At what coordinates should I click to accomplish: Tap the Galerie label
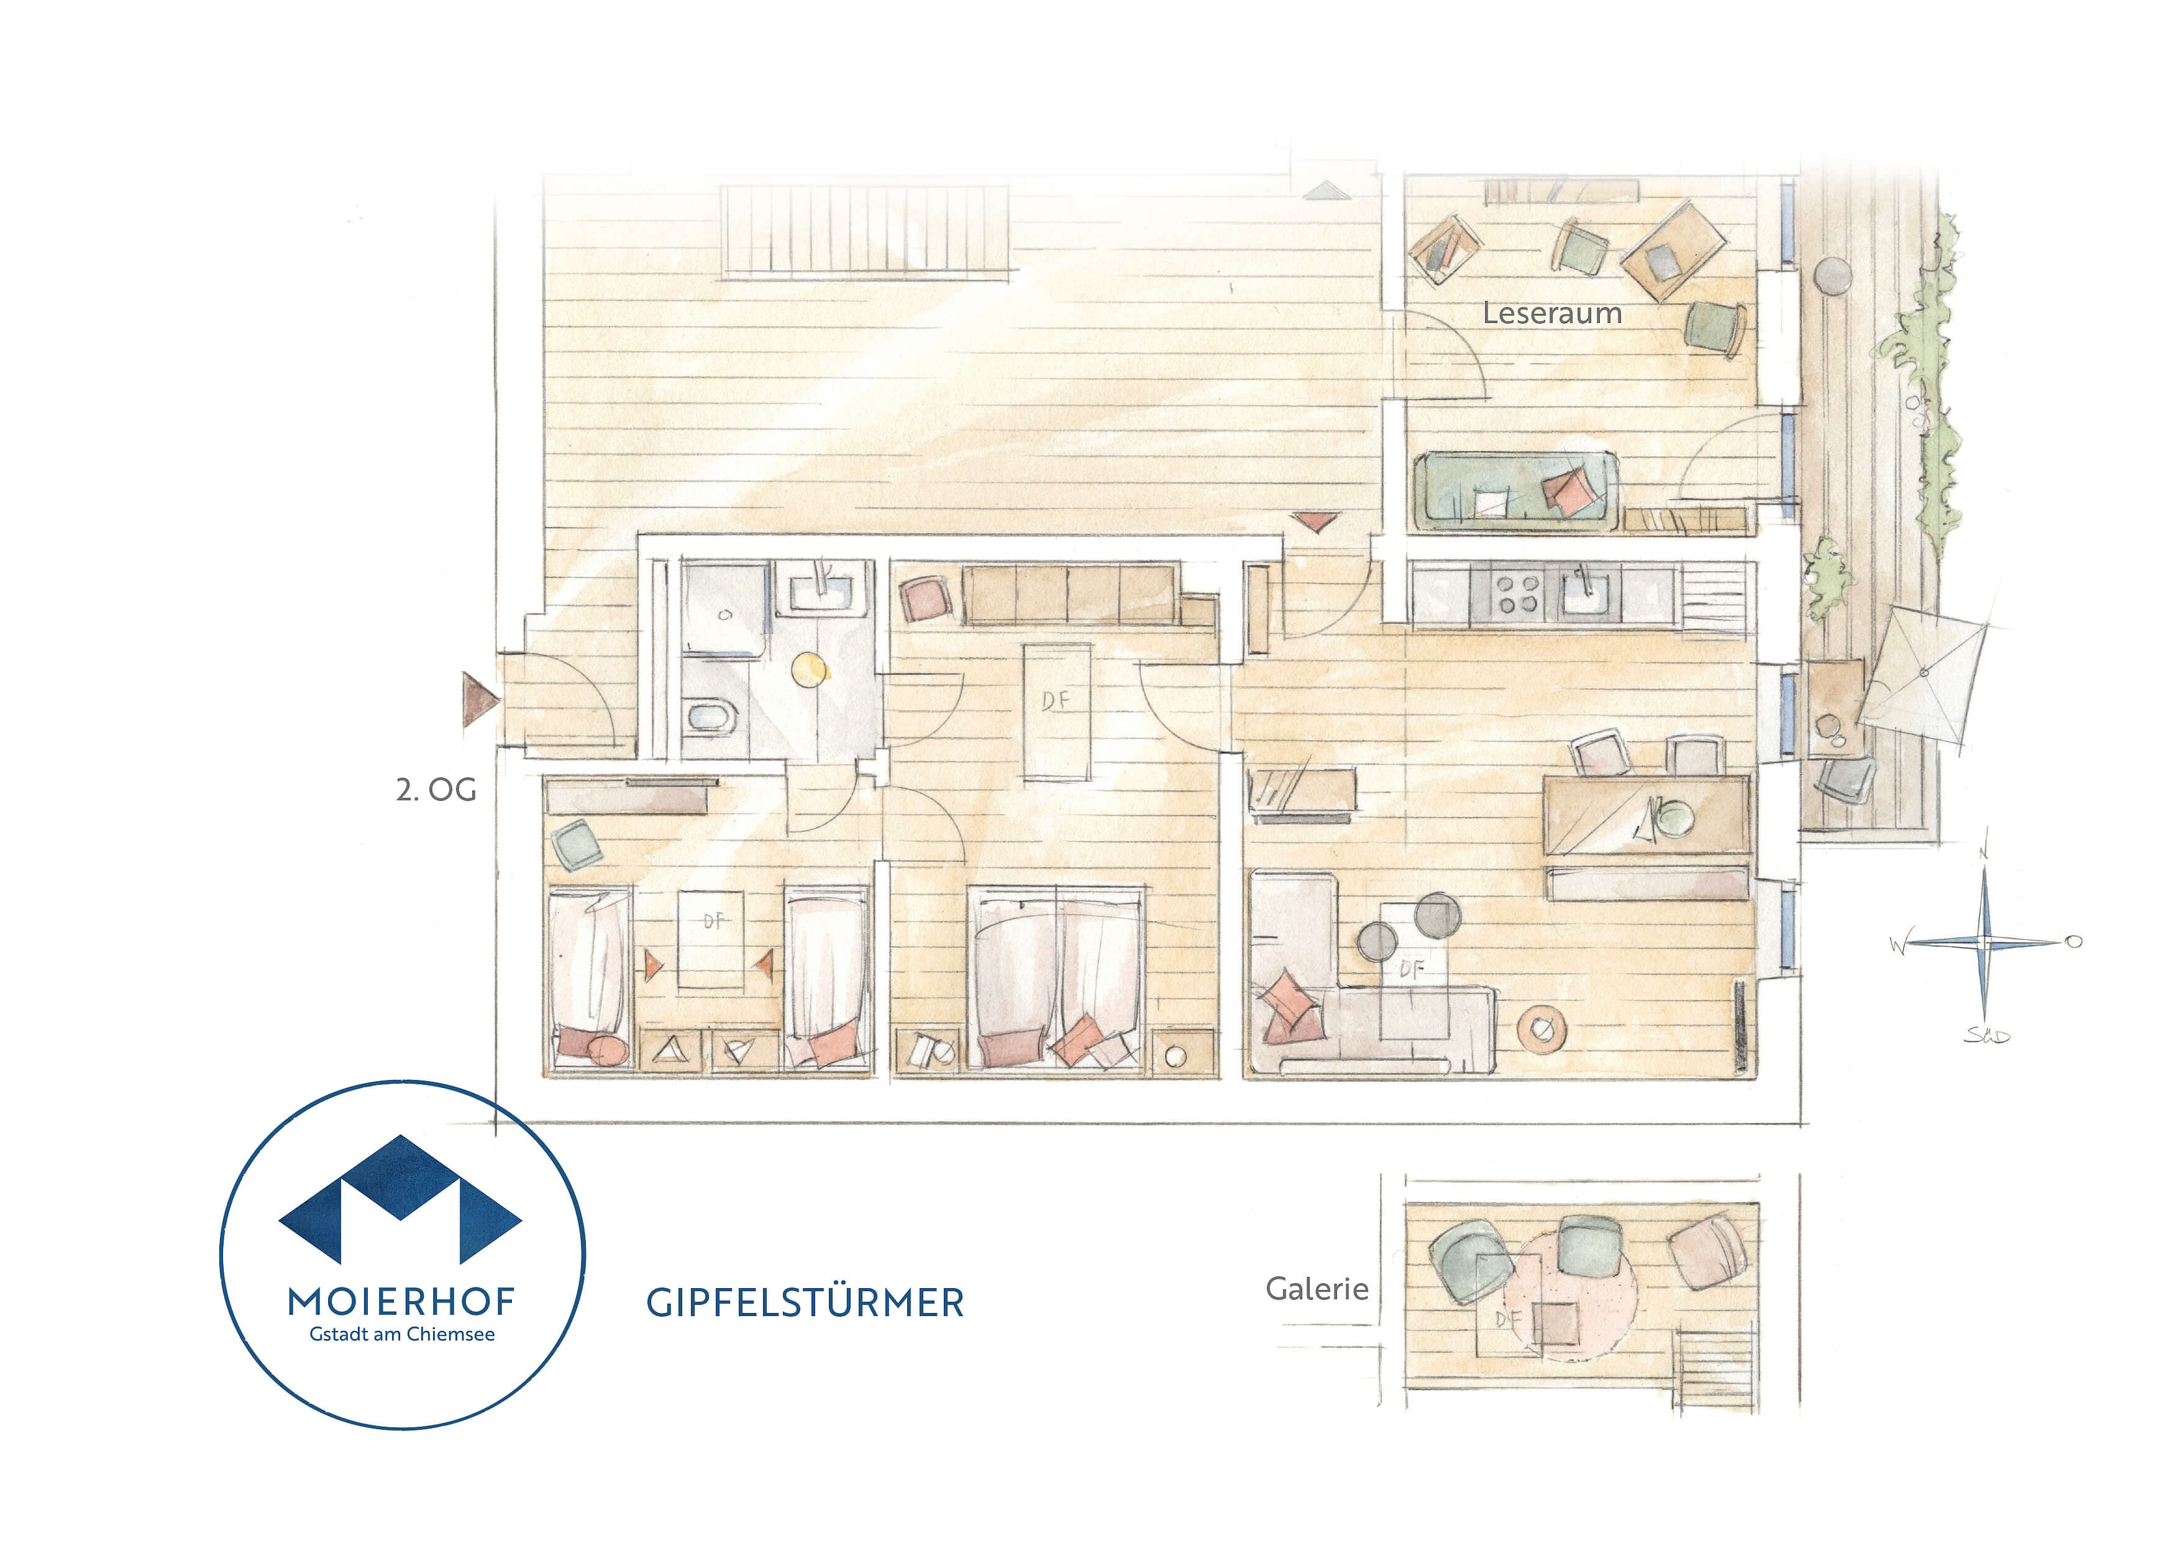1317,1289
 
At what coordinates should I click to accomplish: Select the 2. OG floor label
436,790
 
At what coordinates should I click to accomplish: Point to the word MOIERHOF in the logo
401,1301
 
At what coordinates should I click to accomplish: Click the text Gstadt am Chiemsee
401,1334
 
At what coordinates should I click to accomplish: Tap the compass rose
1983,942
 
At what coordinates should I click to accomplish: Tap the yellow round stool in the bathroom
810,670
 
